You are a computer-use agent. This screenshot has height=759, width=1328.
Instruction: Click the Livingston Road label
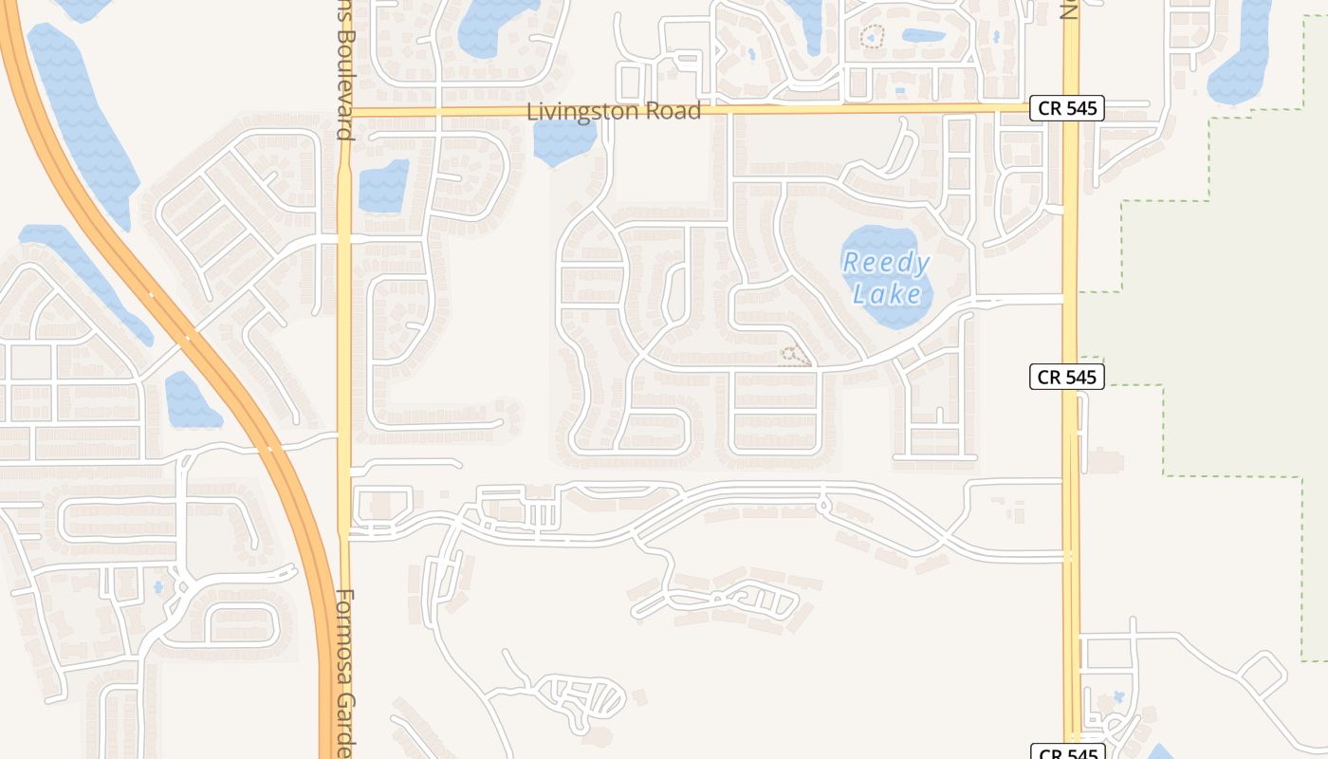tap(614, 111)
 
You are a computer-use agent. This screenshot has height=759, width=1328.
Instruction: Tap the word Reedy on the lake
tap(886, 262)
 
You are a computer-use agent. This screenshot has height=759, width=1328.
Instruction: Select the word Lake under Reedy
tap(886, 293)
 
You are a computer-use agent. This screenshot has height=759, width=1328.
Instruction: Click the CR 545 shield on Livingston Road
tap(1067, 108)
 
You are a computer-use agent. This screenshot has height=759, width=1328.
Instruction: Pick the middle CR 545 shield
tap(1067, 377)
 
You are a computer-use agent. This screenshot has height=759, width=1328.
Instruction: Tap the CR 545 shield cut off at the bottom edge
tap(1067, 753)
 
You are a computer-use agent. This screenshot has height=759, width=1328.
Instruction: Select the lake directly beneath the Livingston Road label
tap(563, 141)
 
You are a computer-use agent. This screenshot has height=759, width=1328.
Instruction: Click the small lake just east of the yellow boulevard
tap(383, 185)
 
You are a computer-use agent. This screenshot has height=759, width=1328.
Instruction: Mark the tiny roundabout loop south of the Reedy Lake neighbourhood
tap(822, 506)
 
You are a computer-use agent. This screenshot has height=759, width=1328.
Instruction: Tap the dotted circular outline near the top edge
tap(872, 37)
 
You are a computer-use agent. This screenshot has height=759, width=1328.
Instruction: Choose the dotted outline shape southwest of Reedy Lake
tap(795, 357)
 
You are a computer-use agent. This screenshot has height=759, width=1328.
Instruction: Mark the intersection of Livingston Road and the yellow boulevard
tap(344, 111)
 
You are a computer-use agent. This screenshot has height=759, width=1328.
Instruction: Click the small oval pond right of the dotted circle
tap(923, 36)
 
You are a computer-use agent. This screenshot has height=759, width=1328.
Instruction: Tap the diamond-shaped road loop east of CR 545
tap(1263, 674)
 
